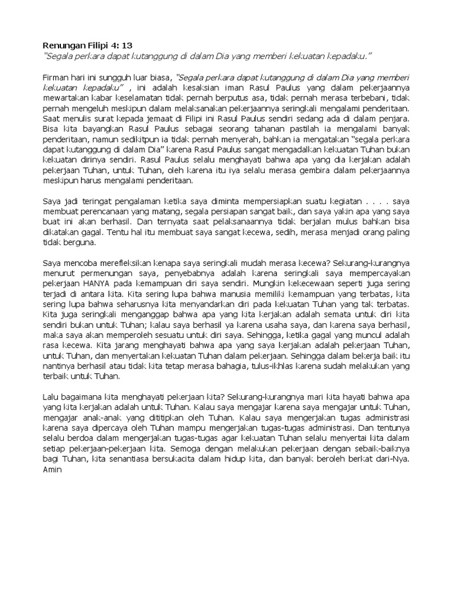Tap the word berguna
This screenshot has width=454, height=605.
(85, 243)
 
